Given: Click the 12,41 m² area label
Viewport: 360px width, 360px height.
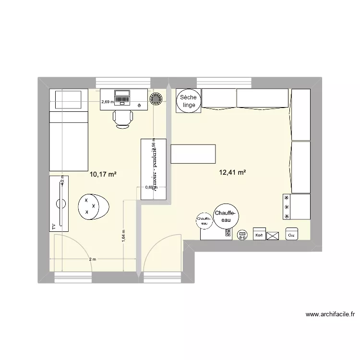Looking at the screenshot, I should [233, 172].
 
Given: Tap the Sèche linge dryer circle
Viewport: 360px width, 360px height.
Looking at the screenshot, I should [189, 101].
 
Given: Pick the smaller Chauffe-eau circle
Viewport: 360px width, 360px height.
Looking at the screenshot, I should [204, 220].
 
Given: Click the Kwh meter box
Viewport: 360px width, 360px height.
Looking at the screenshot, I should [259, 235].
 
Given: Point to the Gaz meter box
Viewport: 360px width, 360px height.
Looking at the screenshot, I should [291, 235].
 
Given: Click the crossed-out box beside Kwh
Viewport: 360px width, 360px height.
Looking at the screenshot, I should [273, 236].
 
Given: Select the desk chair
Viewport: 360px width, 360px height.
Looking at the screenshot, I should [122, 118].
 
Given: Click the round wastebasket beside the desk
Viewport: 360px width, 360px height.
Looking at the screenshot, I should [156, 99].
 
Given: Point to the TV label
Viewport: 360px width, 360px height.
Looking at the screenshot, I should [54, 226].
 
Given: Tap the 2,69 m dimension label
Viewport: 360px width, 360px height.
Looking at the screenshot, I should [108, 101].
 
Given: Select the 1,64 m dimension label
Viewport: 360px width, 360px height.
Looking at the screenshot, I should [123, 236].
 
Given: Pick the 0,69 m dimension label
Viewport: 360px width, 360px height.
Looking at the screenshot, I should [150, 187].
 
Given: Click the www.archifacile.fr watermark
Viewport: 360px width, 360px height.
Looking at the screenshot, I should [330, 315].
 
